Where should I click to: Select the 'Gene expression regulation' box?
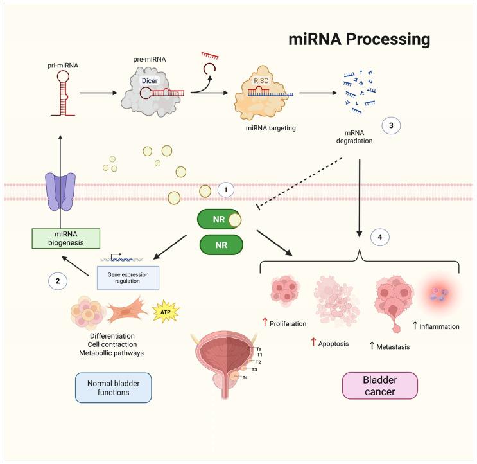[128, 277]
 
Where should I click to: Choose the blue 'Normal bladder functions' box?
[113, 388]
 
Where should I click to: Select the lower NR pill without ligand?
[221, 245]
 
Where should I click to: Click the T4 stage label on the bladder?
[245, 377]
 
